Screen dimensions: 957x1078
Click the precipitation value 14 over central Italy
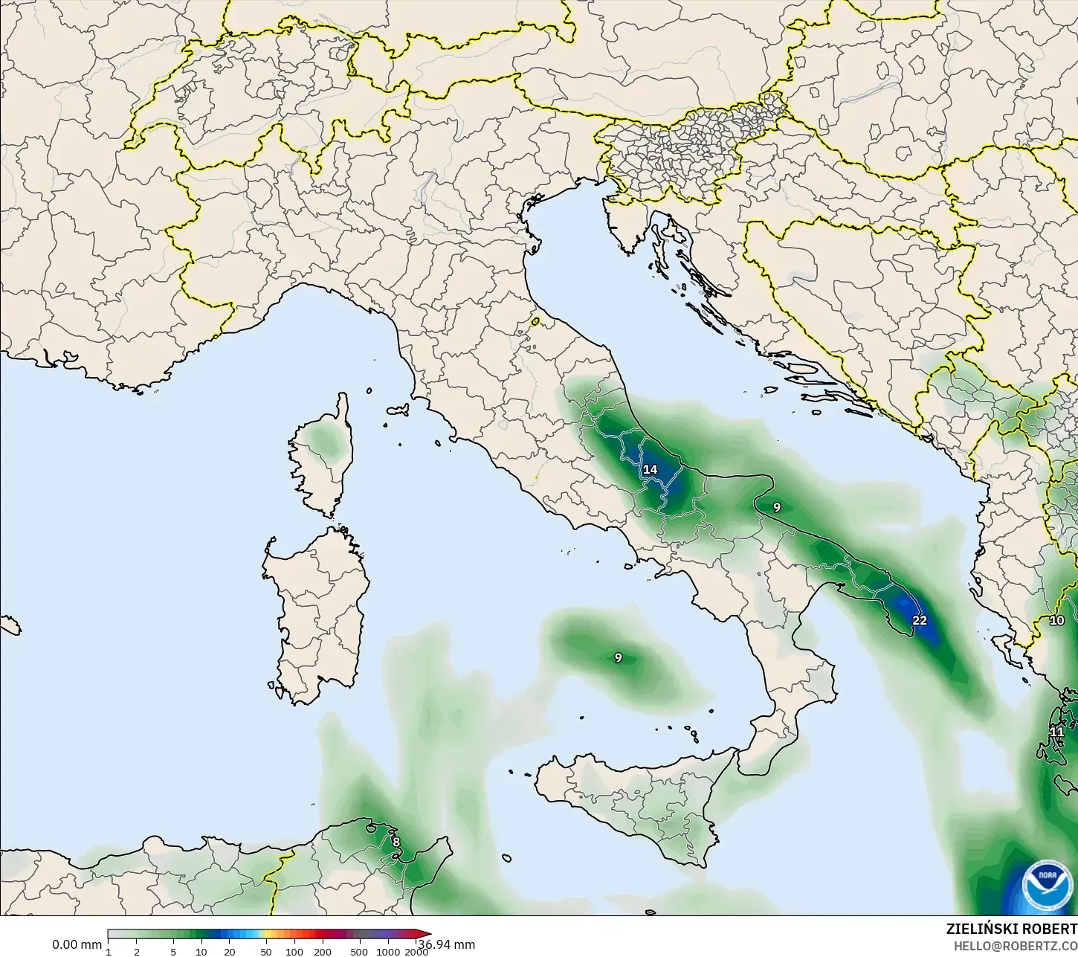click(650, 469)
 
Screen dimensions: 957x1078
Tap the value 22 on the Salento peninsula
click(920, 620)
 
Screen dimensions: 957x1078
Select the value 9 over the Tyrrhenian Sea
click(618, 657)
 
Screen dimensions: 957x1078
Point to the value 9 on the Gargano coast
click(777, 507)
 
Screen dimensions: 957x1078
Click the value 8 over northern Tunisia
click(396, 842)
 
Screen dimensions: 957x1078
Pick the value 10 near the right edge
click(1056, 620)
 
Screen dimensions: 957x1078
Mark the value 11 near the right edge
click(1056, 732)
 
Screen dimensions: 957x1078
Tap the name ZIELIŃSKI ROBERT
click(1011, 929)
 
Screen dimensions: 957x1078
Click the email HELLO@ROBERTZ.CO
click(1016, 946)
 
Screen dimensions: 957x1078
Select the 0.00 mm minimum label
click(77, 944)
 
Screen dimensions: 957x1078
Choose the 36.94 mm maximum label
click(447, 944)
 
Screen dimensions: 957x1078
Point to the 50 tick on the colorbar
click(265, 952)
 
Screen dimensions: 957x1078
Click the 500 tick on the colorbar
click(359, 952)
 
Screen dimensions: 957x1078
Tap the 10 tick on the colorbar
click(201, 952)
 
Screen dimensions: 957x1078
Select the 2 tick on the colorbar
click(137, 952)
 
